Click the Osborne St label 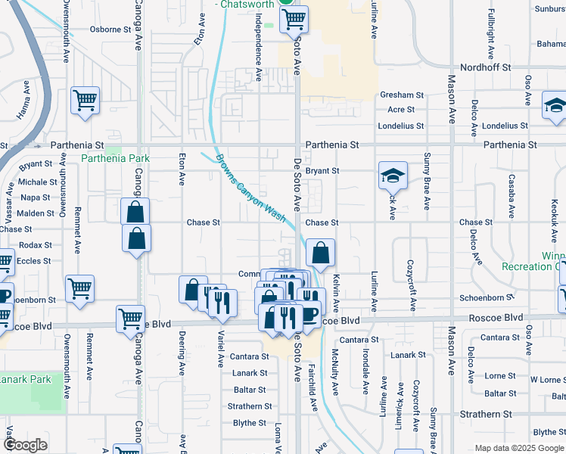[x=110, y=30]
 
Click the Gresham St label [x=402, y=95]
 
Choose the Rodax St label [x=36, y=245]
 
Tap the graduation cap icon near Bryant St [x=393, y=176]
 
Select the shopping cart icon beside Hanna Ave [x=85, y=101]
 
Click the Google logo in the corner [x=26, y=444]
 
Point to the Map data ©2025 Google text [x=519, y=448]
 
